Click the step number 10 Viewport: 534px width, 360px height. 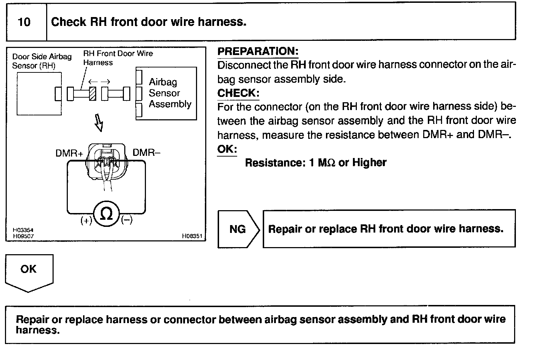click(x=24, y=22)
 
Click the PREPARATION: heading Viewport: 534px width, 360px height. click(x=258, y=51)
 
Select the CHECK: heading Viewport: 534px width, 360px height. click(x=238, y=93)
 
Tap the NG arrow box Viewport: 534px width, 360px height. click(x=239, y=229)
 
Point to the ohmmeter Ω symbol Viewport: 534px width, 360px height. click(x=106, y=214)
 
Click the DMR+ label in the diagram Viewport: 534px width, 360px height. click(x=69, y=153)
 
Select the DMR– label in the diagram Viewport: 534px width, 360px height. click(x=146, y=152)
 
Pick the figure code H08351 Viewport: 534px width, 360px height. click(x=192, y=236)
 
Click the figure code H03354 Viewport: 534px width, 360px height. click(x=23, y=230)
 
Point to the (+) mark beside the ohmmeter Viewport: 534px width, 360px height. click(x=86, y=220)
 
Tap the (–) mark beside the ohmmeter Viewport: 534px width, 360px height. click(x=127, y=220)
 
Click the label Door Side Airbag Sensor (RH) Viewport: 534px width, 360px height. click(x=42, y=61)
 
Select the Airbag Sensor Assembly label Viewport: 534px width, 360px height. click(x=170, y=93)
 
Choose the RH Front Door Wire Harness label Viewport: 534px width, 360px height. click(x=118, y=58)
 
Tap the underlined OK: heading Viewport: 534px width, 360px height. click(x=227, y=149)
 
